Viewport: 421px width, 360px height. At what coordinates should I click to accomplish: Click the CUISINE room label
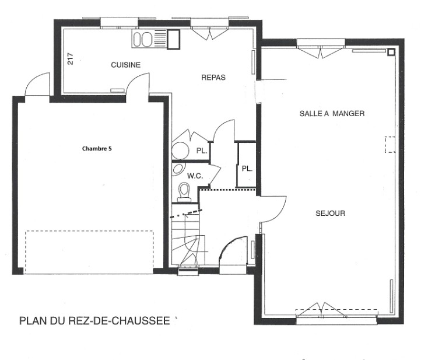click(125, 65)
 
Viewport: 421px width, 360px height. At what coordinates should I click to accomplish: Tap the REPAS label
click(213, 78)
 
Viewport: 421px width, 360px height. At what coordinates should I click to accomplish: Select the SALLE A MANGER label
click(332, 113)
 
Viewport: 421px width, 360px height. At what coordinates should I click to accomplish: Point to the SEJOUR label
click(331, 214)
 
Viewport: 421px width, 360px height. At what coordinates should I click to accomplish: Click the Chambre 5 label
click(97, 149)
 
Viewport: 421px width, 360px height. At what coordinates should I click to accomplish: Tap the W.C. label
click(195, 176)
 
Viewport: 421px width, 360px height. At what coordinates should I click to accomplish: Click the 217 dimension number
click(71, 59)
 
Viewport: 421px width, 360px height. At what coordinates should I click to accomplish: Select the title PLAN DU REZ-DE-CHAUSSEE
click(94, 321)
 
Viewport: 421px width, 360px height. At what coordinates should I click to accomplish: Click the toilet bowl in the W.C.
click(184, 191)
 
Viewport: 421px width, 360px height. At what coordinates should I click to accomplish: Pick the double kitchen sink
click(143, 39)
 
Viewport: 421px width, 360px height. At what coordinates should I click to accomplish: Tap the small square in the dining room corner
click(391, 52)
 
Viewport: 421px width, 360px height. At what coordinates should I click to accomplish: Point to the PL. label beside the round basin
click(202, 151)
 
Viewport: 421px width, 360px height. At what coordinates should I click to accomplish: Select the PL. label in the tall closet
click(247, 169)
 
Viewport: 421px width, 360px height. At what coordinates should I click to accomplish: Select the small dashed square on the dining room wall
click(390, 145)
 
